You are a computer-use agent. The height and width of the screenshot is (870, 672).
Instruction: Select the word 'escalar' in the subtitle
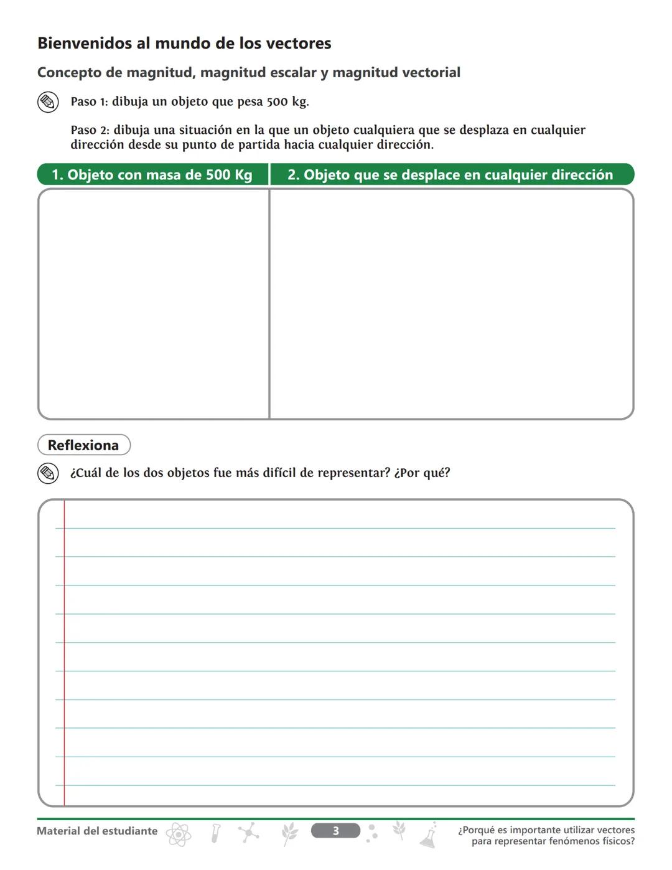click(293, 73)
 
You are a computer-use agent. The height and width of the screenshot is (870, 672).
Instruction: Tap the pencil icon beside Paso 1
click(48, 102)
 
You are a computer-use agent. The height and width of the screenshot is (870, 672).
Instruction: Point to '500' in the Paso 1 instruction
click(278, 102)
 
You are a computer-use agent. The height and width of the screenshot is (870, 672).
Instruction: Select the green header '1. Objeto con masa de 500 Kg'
click(152, 175)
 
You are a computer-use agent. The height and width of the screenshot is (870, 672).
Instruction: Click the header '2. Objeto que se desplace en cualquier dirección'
click(450, 175)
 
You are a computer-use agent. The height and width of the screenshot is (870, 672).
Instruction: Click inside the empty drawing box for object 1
click(154, 304)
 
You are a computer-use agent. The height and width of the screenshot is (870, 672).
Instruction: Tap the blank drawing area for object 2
click(451, 304)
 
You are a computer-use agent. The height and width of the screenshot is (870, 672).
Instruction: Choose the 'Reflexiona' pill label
click(83, 445)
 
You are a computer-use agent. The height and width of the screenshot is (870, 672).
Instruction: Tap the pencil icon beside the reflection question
click(48, 473)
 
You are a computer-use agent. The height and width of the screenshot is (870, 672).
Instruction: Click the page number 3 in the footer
click(335, 831)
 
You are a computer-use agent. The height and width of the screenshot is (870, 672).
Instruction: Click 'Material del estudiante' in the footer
click(97, 831)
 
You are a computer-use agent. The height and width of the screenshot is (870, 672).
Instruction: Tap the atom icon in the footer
click(179, 835)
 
